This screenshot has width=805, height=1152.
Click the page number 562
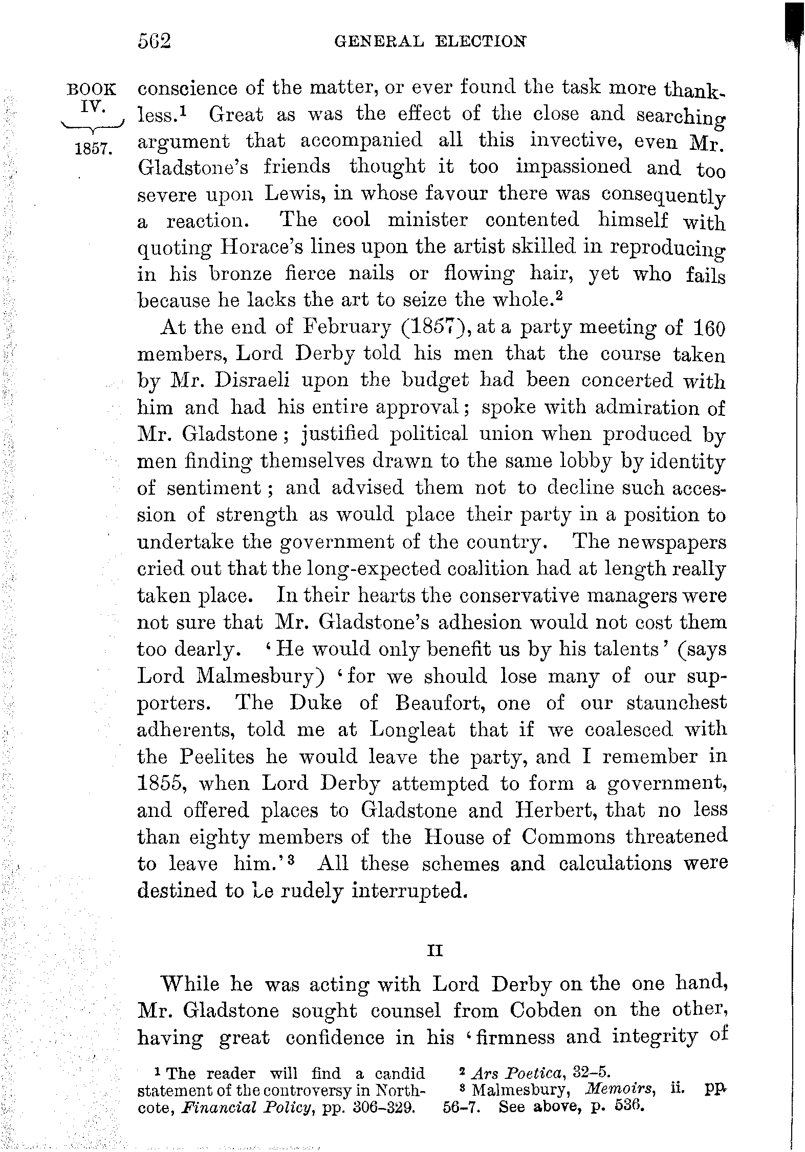(154, 40)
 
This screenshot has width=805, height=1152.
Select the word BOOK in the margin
(92, 90)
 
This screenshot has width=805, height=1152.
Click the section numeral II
(433, 950)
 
